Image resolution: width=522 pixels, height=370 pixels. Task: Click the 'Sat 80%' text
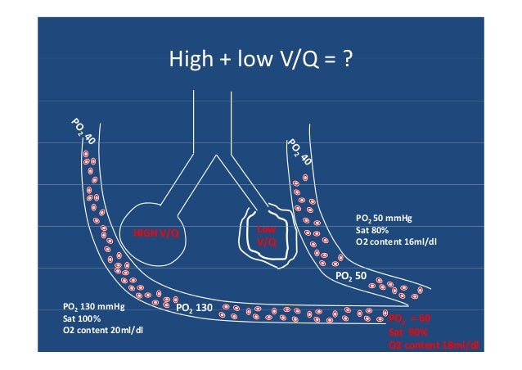tap(373, 231)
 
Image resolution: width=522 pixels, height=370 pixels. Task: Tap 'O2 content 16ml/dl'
tap(396, 242)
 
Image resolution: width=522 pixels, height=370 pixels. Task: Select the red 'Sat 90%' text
tap(406, 333)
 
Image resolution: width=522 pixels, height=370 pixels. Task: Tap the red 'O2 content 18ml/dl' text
tap(434, 346)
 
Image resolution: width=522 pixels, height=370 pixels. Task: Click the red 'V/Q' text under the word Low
tap(267, 243)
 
